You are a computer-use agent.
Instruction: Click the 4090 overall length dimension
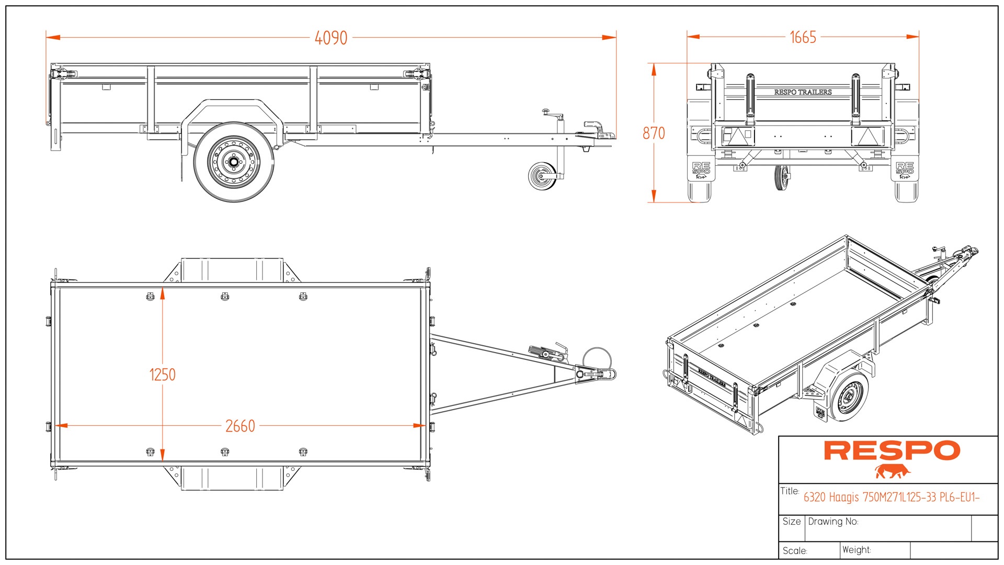[331, 38]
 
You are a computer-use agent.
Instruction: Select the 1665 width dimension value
[803, 38]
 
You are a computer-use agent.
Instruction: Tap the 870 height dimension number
[654, 133]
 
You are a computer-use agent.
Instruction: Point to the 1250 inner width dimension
[163, 375]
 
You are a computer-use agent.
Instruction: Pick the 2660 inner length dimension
[240, 426]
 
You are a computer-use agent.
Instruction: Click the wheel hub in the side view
[233, 162]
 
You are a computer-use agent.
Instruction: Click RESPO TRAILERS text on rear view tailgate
[803, 92]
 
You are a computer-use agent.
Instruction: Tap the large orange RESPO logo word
[892, 451]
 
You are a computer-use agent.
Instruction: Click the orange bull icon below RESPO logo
[892, 472]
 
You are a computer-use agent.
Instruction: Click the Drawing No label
[833, 522]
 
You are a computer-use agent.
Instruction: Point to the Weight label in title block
[857, 550]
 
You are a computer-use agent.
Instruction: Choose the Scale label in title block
[795, 551]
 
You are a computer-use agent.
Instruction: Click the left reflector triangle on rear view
[738, 136]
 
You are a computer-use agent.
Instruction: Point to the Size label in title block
[791, 522]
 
